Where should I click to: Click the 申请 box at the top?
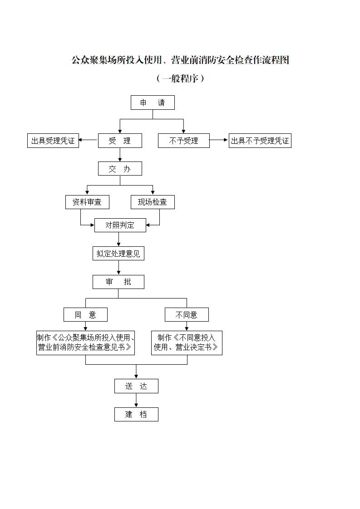point(153,103)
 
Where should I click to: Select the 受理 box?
point(120,141)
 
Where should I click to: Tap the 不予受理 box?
point(184,141)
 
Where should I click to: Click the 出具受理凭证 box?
point(53,141)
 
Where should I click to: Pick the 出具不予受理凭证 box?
point(260,141)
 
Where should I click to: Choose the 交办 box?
point(120,169)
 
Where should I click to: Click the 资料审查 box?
point(87,202)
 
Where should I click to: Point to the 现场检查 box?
point(153,202)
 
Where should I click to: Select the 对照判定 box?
point(120,225)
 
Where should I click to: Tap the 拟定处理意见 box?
point(118,253)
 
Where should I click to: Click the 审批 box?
point(118,282)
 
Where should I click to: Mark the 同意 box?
point(85,314)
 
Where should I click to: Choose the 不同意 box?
point(187,314)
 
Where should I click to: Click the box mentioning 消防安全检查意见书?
point(85,343)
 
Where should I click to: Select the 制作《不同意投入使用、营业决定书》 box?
point(187,343)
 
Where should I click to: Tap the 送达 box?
point(136,386)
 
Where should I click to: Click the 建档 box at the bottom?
point(136,414)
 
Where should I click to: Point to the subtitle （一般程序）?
point(180,78)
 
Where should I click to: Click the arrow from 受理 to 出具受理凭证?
point(89,141)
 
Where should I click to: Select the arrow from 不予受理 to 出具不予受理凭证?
point(219,140)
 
